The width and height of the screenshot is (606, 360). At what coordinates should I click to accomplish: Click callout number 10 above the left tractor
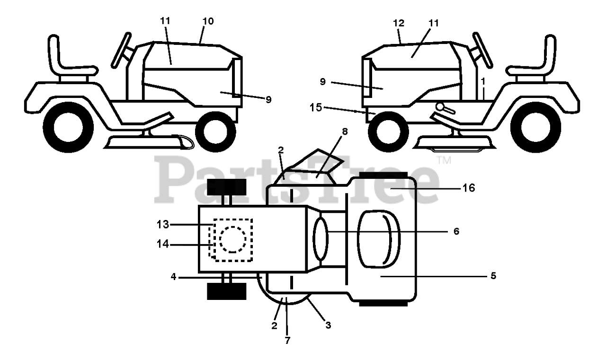[x=208, y=21]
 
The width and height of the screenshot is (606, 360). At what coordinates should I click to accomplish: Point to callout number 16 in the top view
[x=469, y=188]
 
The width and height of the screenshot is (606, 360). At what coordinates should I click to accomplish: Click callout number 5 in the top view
[x=493, y=275]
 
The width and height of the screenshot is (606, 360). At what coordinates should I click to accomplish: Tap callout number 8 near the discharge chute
[x=345, y=132]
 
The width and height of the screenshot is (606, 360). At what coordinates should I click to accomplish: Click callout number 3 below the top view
[x=328, y=325]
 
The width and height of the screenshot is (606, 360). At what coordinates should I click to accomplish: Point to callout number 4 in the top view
[x=174, y=277]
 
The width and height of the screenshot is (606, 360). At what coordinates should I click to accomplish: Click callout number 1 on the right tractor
[x=483, y=81]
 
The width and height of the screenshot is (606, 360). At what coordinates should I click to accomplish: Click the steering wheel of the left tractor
[x=122, y=50]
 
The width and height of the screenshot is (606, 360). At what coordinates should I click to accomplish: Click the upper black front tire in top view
[x=226, y=187]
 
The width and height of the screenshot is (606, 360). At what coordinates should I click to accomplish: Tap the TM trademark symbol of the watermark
[x=445, y=160]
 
